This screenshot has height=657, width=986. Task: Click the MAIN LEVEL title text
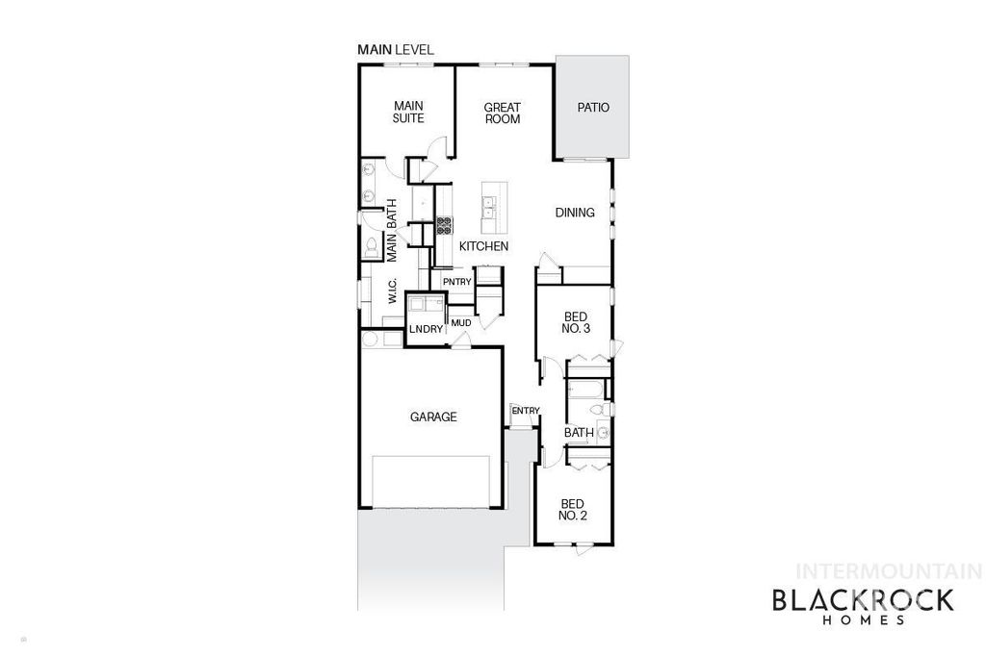(x=396, y=49)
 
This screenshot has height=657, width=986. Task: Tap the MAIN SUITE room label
(x=408, y=113)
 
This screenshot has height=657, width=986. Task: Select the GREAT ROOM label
(x=502, y=114)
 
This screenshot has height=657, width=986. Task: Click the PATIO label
(x=593, y=108)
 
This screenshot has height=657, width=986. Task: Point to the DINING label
(x=575, y=213)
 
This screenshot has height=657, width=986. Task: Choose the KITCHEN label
(x=483, y=247)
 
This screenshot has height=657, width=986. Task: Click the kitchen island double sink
(x=490, y=204)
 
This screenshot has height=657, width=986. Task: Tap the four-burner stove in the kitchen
(x=445, y=227)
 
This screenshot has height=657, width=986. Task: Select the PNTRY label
(x=456, y=282)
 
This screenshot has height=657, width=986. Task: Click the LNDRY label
(x=425, y=330)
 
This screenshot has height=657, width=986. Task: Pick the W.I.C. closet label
(x=393, y=291)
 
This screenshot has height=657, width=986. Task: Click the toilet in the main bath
(x=370, y=246)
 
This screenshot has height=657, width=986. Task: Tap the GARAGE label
(x=433, y=417)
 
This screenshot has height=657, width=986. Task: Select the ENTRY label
(x=525, y=411)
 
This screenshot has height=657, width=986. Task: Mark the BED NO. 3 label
(x=574, y=322)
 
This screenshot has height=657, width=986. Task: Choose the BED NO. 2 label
(x=573, y=509)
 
